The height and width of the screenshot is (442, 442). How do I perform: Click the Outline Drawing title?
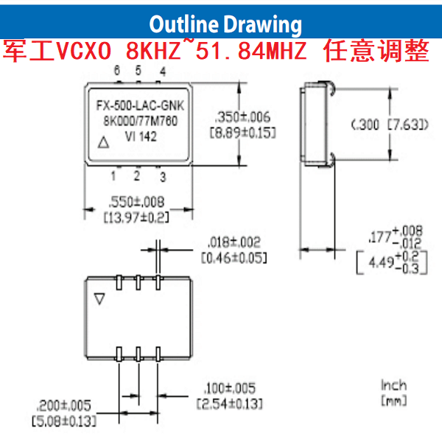click(225, 24)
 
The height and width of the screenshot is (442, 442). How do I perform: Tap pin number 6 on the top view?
click(117, 71)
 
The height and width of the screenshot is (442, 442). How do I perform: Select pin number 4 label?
click(162, 71)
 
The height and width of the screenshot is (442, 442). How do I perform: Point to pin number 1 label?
click(113, 175)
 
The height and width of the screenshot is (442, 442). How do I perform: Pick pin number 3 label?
click(163, 177)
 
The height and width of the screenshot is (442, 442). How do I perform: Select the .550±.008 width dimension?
click(136, 201)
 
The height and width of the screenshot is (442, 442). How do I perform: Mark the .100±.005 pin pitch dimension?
click(228, 388)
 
